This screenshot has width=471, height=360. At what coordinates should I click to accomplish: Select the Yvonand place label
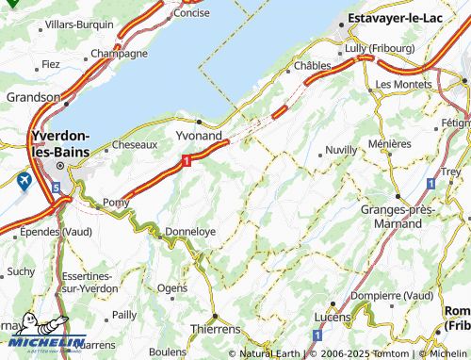[x=199, y=136]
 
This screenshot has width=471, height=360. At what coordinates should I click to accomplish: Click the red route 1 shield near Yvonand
[x=187, y=162]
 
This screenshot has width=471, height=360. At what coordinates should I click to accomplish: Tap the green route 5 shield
[x=56, y=188]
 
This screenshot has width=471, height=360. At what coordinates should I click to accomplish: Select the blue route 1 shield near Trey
[x=430, y=182]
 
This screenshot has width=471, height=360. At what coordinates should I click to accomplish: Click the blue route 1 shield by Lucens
[x=317, y=335]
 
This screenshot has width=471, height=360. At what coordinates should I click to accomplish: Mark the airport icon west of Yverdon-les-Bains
[x=24, y=179]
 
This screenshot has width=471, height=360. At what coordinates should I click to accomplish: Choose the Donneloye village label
[x=190, y=230]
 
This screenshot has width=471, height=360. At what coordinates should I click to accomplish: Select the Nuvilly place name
[x=340, y=151]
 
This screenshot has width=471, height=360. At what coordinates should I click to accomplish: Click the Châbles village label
[x=312, y=65]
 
